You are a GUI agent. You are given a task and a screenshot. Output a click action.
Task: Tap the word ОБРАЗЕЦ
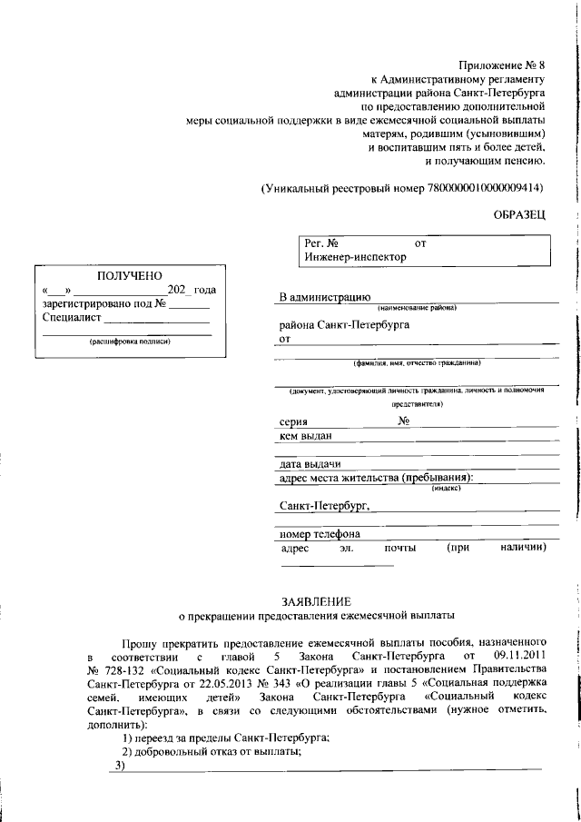click(520, 213)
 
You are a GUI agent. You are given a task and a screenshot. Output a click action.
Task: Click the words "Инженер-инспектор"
click(356, 257)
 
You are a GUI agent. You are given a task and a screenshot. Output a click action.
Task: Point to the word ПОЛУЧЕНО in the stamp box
click(128, 275)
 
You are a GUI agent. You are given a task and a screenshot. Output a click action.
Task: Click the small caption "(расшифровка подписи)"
click(129, 342)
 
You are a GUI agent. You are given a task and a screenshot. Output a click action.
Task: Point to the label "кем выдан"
click(306, 437)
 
